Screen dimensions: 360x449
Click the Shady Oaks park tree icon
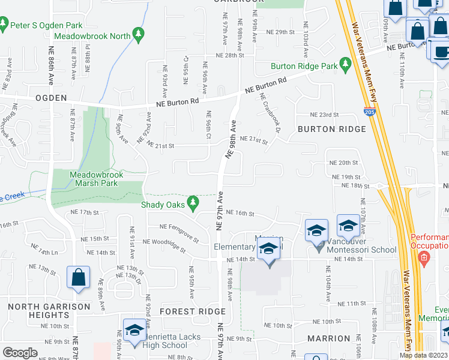click(193, 204)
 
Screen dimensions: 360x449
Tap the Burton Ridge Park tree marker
click(345, 63)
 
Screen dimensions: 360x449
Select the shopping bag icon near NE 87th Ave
click(78, 278)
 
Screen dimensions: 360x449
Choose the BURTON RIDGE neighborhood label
click(331, 129)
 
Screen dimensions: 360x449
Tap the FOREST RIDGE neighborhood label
click(192, 311)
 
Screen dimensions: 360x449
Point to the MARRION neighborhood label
click(328, 338)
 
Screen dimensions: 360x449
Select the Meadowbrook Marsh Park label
click(96, 179)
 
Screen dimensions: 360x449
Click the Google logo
click(20, 353)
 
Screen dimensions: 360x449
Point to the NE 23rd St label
click(324, 115)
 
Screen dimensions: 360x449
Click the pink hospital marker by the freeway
click(424, 260)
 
